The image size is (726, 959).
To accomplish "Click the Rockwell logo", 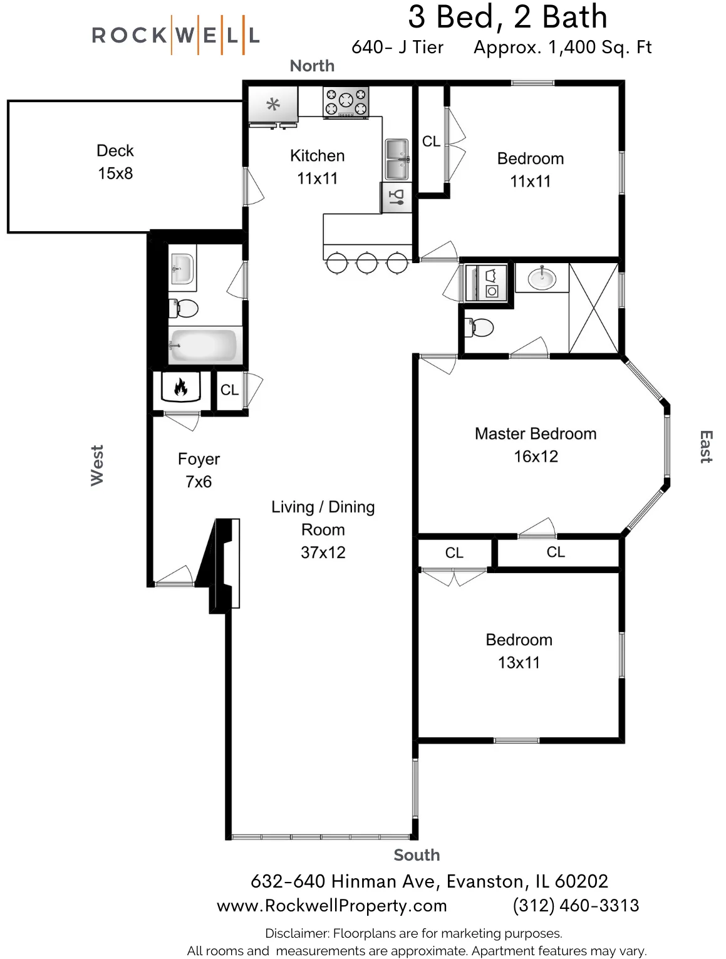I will point(175,35).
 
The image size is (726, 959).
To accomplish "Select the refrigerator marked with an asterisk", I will point(273,105).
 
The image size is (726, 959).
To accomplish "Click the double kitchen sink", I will point(397,160).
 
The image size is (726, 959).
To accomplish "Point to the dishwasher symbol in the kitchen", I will point(397,198).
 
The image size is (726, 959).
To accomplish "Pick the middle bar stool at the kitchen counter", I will point(366,262).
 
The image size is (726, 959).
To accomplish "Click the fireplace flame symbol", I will point(180,388).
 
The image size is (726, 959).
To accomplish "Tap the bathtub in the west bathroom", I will point(204,346).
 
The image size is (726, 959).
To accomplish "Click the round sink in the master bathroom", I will point(541,277).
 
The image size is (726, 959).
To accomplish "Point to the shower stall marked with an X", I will point(593,308).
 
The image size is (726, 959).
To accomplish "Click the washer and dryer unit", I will point(487,283).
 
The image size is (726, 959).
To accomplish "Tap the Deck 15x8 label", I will point(115,162).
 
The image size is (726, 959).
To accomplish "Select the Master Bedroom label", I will point(535,434).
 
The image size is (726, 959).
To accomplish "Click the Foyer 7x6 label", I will point(199,470).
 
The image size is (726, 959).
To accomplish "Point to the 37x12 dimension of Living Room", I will point(323,552).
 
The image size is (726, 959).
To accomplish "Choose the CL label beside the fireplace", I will point(229,390).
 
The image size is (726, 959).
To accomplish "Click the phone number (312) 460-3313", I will point(575,906).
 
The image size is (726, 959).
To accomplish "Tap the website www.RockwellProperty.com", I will point(331,906).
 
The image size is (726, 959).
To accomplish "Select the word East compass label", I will point(705,447).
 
